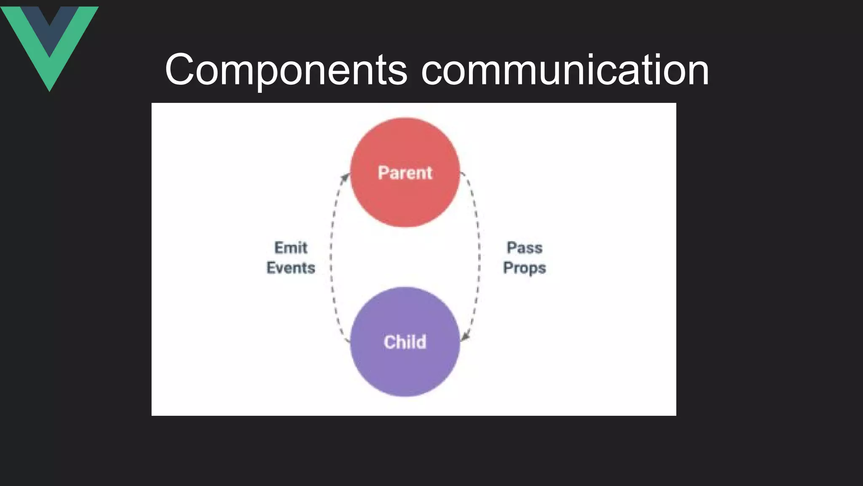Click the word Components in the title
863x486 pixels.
pyautogui.click(x=286, y=70)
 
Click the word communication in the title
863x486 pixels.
pyautogui.click(x=565, y=70)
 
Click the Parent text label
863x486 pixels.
pyautogui.click(x=405, y=173)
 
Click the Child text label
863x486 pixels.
pyautogui.click(x=405, y=342)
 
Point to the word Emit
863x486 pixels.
pyautogui.click(x=291, y=248)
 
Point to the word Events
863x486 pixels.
pyautogui.click(x=291, y=268)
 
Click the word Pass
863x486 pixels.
pyautogui.click(x=524, y=248)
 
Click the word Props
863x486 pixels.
pyautogui.click(x=524, y=268)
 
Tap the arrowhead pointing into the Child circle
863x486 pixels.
pyautogui.click(x=465, y=337)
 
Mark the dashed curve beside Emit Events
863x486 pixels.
pyautogui.click(x=332, y=257)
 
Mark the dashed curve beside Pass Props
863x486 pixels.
pyautogui.click(x=479, y=257)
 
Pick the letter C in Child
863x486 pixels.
pyautogui.click(x=389, y=342)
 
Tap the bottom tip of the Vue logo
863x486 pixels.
pyautogui.click(x=49, y=89)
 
